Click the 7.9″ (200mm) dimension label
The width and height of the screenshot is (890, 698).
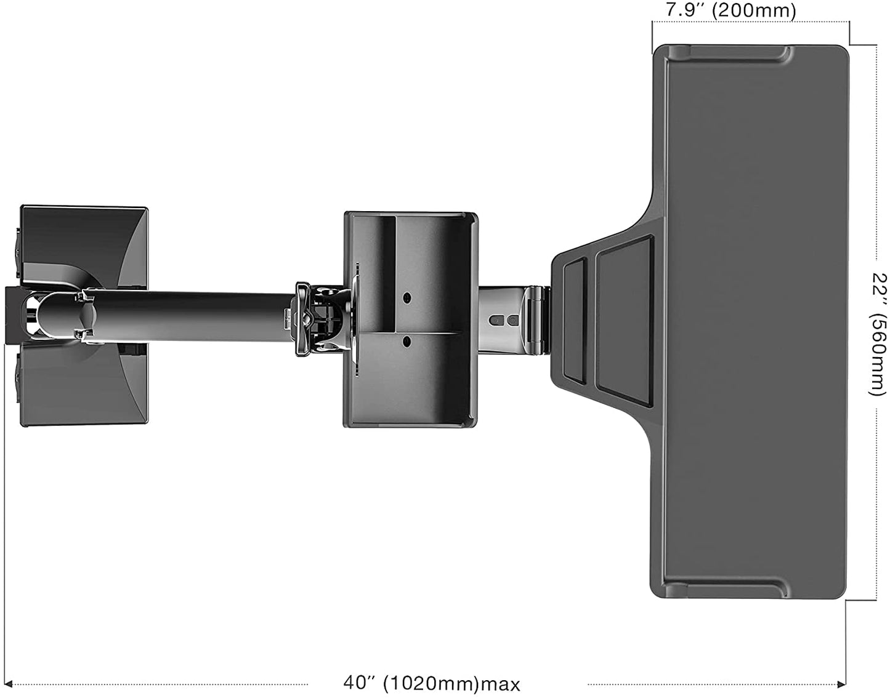[x=730, y=10]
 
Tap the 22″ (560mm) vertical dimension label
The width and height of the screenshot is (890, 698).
[x=878, y=334]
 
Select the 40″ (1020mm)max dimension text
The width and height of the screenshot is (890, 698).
[x=432, y=684]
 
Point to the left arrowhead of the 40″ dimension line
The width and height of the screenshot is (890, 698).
[x=8, y=684]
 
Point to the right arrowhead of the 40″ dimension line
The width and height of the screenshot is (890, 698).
[x=841, y=684]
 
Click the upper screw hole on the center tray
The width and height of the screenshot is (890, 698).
[x=407, y=298]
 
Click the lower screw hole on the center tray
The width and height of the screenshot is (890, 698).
[x=407, y=341]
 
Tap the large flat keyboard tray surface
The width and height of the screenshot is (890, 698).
[x=754, y=323]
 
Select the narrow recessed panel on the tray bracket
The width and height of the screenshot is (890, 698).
[x=574, y=323]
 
